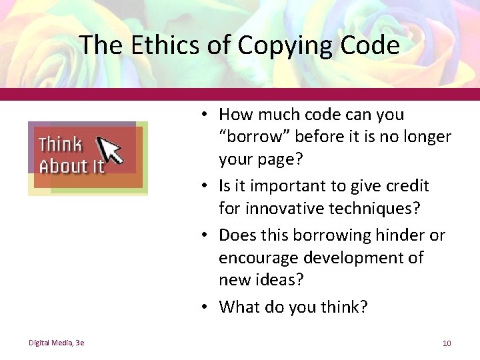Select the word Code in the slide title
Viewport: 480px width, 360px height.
tap(370, 45)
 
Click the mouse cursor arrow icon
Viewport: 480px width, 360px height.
tap(109, 149)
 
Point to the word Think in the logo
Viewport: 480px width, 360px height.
tap(60, 145)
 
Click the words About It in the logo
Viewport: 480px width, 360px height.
tap(72, 165)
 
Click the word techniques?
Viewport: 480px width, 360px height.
tap(379, 209)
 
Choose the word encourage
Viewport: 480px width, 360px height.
tap(255, 258)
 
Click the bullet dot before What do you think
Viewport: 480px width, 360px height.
tap(209, 307)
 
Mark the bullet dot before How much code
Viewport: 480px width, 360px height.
tap(209, 115)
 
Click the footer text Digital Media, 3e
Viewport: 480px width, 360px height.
tap(56, 343)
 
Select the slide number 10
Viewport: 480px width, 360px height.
tap(446, 343)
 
